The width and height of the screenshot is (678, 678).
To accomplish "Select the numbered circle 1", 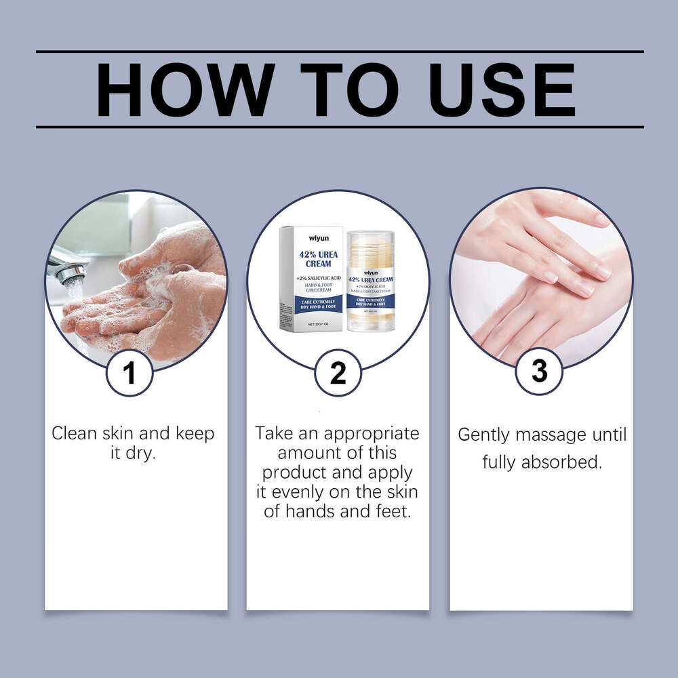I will [x=129, y=372].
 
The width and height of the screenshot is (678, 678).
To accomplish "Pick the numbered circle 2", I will [x=338, y=372].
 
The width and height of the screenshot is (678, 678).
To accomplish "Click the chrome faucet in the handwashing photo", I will [x=68, y=269].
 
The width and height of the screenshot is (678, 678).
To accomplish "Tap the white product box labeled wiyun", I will [x=311, y=278].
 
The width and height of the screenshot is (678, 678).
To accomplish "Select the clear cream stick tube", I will [x=370, y=281].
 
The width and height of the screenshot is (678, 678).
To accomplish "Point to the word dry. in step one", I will [x=140, y=453].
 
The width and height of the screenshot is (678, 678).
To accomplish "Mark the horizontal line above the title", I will [x=339, y=52].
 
